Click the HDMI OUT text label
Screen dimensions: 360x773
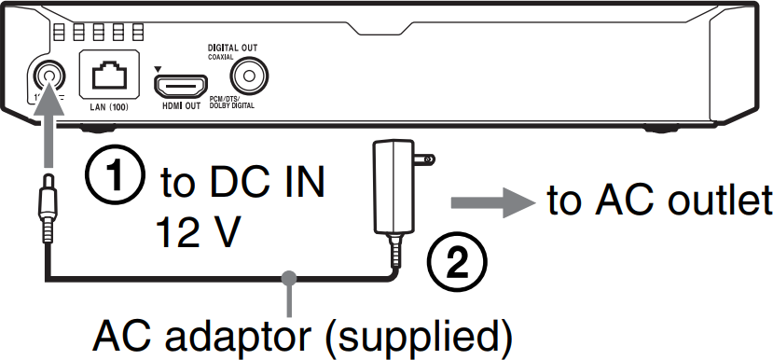point(180,107)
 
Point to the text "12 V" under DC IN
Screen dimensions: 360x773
point(201,227)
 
